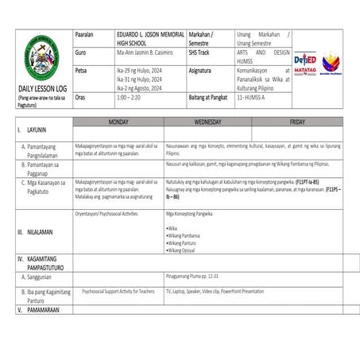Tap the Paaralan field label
click(84, 36)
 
